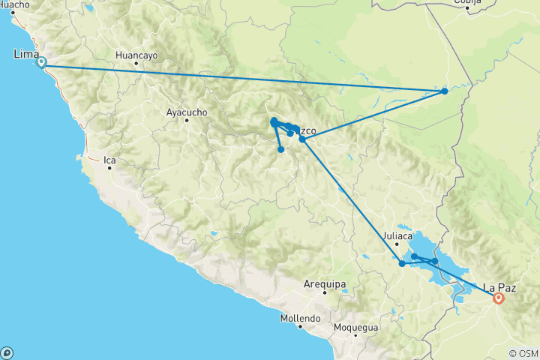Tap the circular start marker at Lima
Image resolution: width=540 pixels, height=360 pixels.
point(41,63)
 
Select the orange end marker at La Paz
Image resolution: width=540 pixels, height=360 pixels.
point(498,298)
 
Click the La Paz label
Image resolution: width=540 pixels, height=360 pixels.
point(499,286)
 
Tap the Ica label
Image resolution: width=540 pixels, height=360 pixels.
point(109,160)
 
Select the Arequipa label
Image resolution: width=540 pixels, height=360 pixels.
point(325,283)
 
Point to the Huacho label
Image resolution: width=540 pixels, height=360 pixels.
point(15,4)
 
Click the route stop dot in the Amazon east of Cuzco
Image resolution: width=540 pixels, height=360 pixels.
point(445,91)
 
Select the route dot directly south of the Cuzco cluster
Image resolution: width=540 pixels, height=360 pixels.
point(281,149)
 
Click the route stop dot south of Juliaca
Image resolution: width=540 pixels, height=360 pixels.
point(403,263)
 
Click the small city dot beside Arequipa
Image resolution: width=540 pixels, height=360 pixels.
point(325,292)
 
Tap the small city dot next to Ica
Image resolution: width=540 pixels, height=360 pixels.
point(109,168)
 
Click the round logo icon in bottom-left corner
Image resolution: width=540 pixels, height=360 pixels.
point(7,352)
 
